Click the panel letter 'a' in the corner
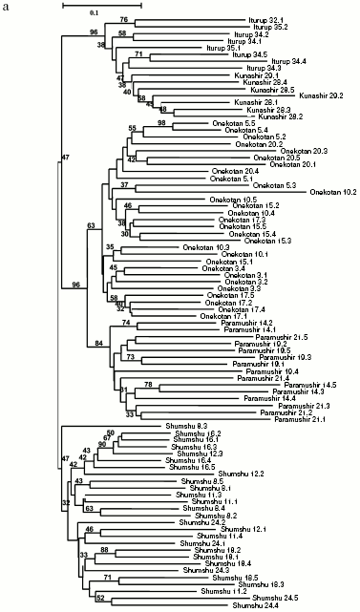[x=6, y=6]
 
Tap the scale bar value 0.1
[x=95, y=12]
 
